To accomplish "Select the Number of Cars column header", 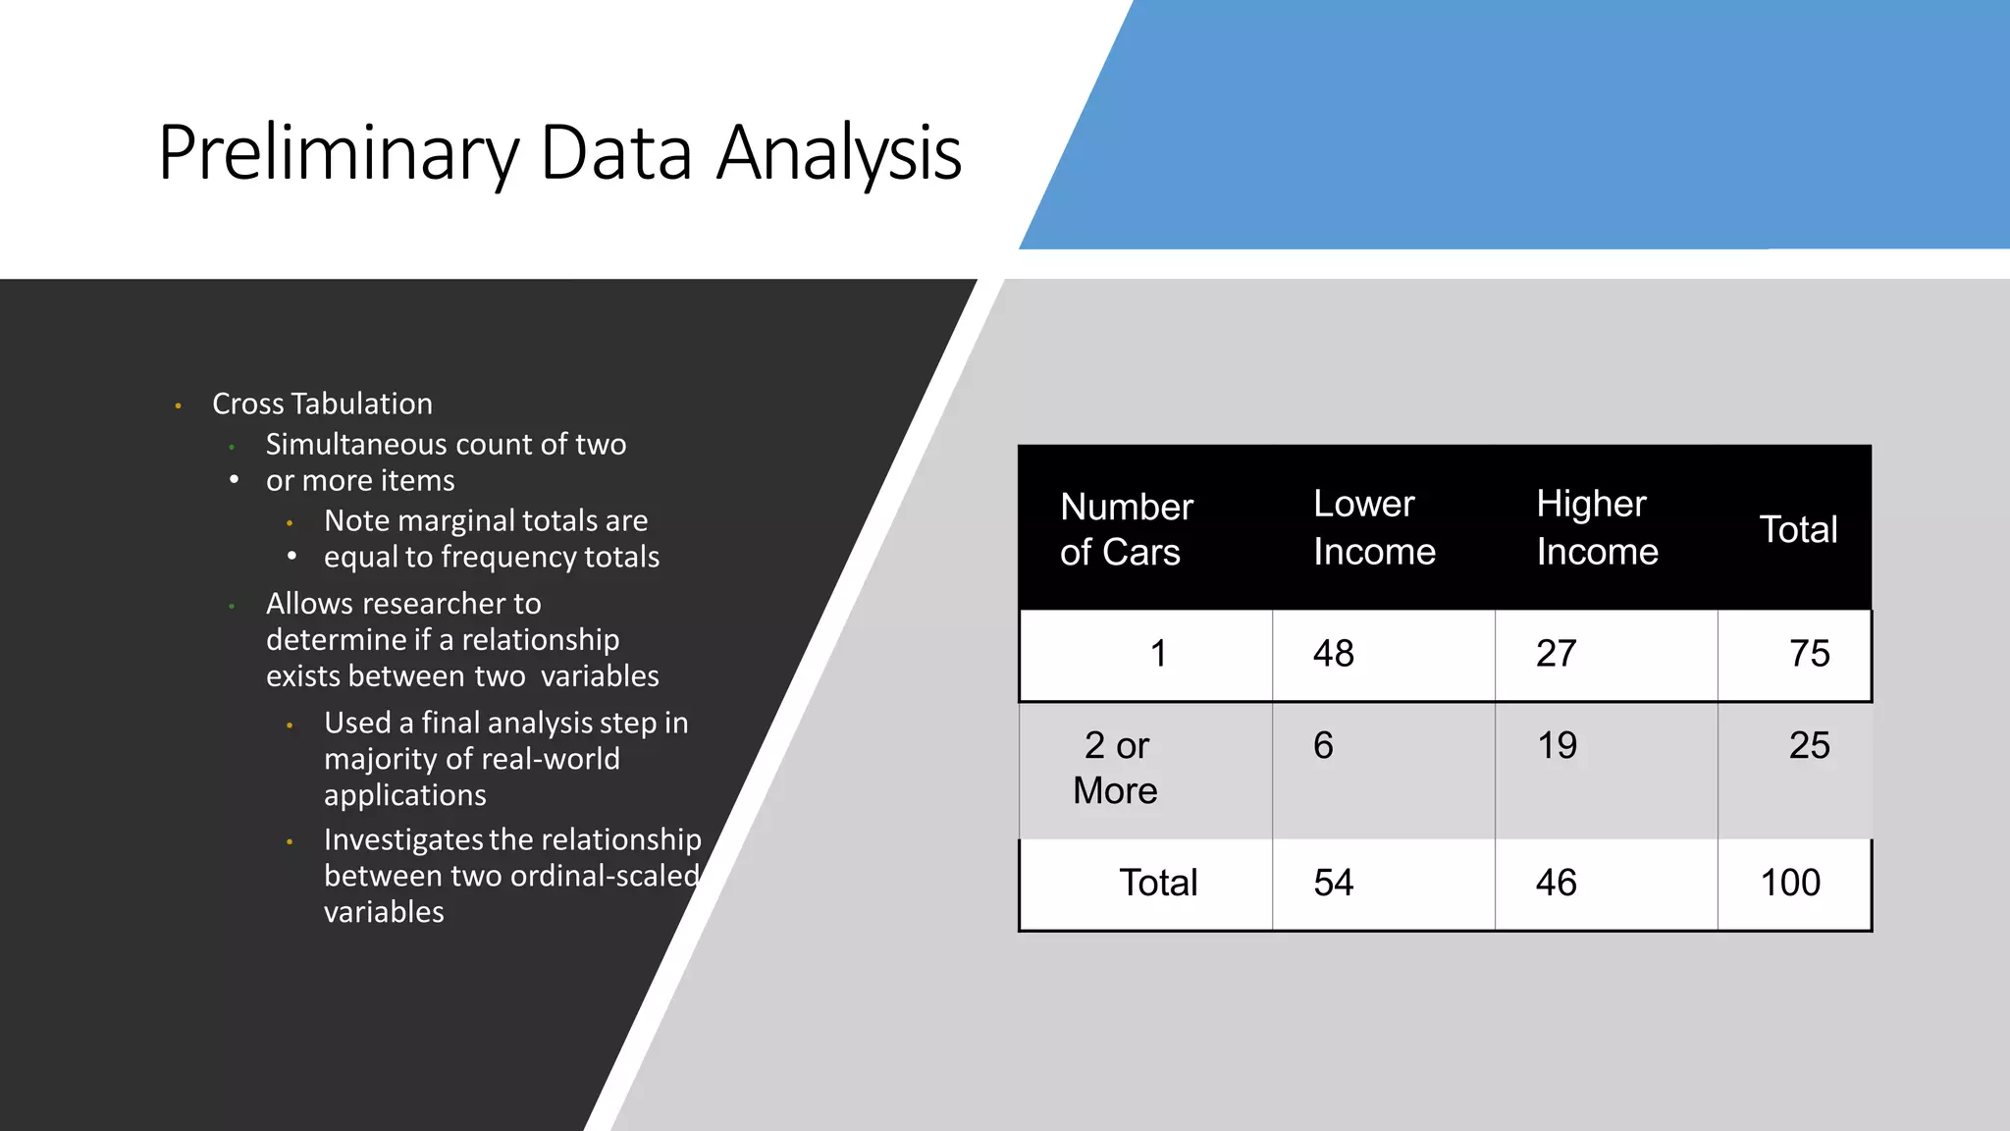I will click(1126, 529).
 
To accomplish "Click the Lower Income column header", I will click(1373, 528).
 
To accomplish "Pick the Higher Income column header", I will click(1596, 528).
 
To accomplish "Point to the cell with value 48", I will click(1333, 654).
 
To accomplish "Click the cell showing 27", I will click(1556, 654).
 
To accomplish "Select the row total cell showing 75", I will click(1809, 654).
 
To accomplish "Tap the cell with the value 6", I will click(1323, 746).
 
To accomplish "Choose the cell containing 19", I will click(1557, 746).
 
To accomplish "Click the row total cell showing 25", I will click(1809, 746).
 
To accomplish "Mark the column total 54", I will click(1333, 884).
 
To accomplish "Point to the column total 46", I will click(1556, 884).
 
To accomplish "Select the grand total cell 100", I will click(1790, 884).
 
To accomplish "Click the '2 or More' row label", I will click(1116, 768).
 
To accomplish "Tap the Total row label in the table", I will click(1158, 884).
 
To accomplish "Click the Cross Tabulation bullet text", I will click(322, 404).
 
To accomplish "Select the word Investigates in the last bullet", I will click(403, 840).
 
